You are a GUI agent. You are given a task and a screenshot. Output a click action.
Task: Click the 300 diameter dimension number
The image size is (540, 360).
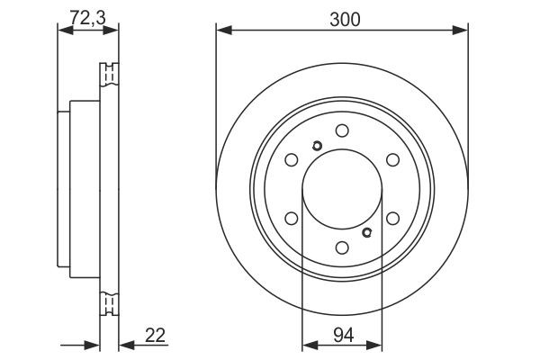pos(340,17)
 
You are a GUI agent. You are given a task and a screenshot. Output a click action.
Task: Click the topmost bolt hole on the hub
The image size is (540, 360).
pos(341,131)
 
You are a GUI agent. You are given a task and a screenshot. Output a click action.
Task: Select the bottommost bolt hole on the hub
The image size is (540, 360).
pos(341,248)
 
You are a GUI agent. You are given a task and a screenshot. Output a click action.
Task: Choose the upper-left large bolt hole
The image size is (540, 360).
pos(291,160)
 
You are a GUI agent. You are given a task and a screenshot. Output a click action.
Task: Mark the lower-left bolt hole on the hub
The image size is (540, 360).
pos(291,219)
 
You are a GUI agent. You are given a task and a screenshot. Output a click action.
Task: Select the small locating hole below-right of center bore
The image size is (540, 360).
pos(366,232)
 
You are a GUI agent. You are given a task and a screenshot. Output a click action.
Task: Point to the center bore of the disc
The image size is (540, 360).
pos(341,190)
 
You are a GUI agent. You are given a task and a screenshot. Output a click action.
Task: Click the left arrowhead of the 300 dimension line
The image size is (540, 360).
pos(221,31)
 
